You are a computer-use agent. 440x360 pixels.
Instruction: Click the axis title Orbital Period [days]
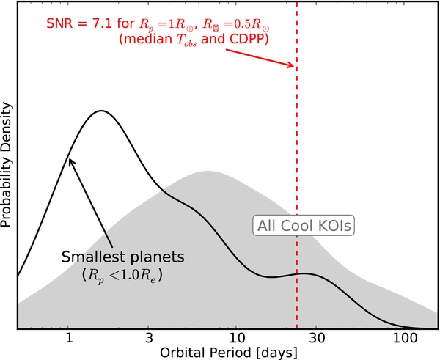[227, 353]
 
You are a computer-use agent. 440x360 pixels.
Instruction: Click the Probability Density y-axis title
[7, 165]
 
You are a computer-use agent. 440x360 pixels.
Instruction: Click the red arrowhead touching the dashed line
[293, 67]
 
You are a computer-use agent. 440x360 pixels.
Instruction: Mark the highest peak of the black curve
[101, 111]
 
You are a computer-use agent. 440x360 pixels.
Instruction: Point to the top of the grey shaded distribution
[208, 172]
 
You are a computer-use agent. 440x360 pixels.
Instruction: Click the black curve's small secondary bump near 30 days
[306, 274]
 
